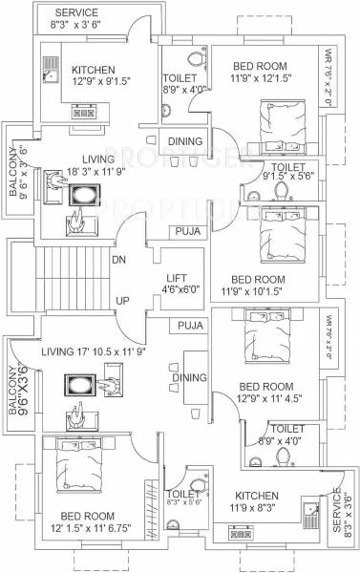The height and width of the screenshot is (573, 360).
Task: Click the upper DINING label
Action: point(185,141)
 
